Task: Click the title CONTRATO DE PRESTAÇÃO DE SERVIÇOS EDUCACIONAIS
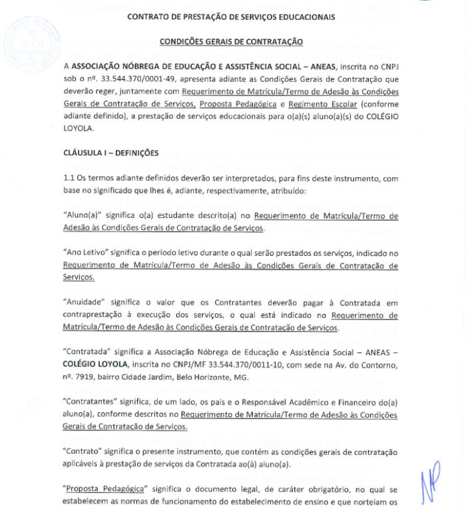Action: [231, 16]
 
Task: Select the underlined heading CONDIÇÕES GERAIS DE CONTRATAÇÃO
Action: [231, 41]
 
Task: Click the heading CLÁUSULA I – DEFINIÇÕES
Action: [111, 153]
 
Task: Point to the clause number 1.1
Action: [70, 179]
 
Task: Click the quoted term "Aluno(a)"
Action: [85, 216]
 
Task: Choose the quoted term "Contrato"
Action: [83, 452]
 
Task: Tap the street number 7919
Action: [88, 377]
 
